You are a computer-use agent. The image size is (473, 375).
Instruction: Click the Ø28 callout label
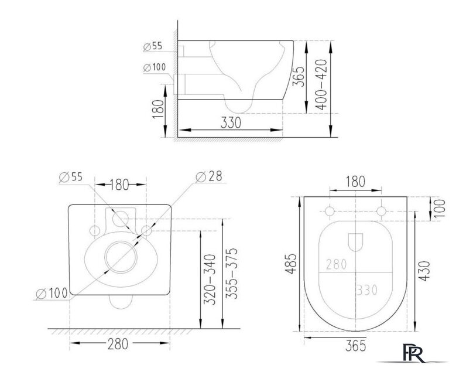point(211,176)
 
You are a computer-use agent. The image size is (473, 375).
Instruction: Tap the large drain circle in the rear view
point(120,258)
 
